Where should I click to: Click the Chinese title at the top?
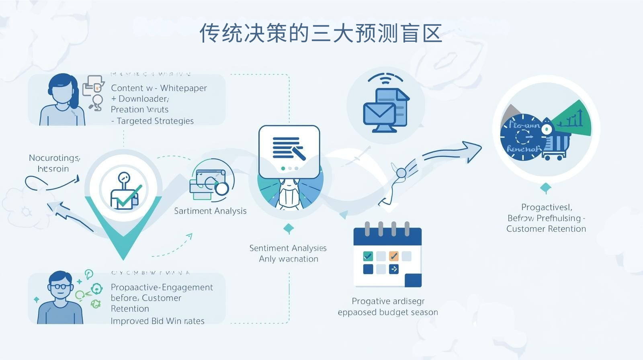pos(321,33)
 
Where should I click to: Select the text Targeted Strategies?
pos(155,121)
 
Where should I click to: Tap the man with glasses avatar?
pos(60,297)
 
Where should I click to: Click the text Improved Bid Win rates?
pos(158,321)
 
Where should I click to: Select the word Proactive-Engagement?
pos(162,287)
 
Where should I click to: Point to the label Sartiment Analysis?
pos(210,211)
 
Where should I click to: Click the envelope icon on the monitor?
pos(379,114)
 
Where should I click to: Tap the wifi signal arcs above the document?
pos(385,78)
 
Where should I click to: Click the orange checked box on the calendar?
pos(394,256)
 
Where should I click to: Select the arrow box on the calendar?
pos(394,269)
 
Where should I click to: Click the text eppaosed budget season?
pos(388,312)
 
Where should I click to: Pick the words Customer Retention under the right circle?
pos(546,229)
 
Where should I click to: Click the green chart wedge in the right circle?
pos(573,119)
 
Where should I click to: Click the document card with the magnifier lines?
pos(289,151)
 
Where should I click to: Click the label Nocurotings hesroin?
pos(54,163)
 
